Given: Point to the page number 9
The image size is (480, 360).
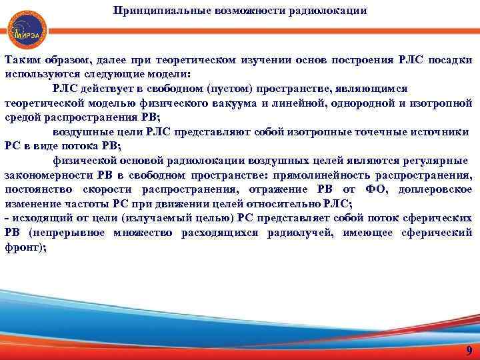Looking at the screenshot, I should tap(469, 351).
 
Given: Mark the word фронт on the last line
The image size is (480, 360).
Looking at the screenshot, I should tap(23, 247).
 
